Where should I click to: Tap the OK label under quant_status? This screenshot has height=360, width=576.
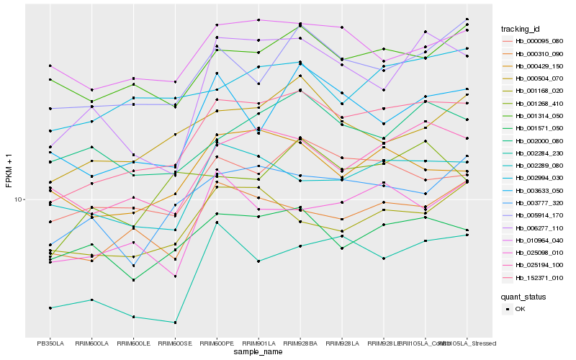click(x=520, y=309)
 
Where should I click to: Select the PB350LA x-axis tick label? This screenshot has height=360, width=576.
click(x=50, y=343)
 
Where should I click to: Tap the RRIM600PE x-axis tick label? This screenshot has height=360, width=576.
click(x=217, y=343)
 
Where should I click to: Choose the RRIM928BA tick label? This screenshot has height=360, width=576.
click(x=300, y=343)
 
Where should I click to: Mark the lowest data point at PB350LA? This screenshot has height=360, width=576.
click(x=50, y=308)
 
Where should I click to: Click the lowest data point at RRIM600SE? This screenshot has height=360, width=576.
click(x=175, y=323)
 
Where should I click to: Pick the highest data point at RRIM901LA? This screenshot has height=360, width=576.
click(x=258, y=20)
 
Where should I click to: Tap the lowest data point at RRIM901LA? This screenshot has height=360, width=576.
click(x=258, y=261)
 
